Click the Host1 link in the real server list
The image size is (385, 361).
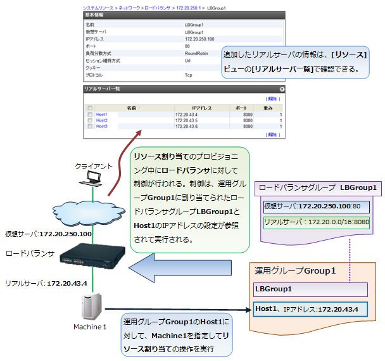pos(101,115)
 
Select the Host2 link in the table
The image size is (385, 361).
pos(101,120)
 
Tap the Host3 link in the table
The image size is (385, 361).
pos(101,126)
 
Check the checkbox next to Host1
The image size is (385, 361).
pos(90,115)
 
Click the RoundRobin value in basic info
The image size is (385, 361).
pos(196,54)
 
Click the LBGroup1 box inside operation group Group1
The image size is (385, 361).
pos(310,289)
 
